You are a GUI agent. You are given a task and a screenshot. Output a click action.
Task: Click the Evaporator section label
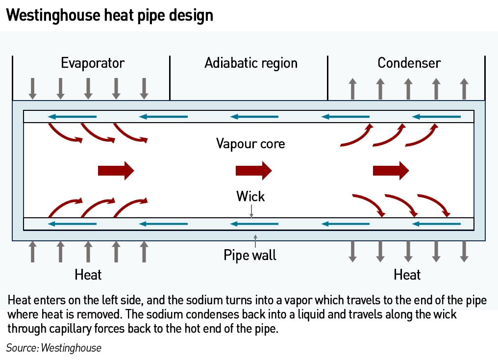[x=93, y=63]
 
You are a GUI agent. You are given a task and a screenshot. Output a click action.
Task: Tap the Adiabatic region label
[x=251, y=63]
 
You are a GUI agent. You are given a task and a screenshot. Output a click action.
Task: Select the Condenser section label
[x=409, y=63]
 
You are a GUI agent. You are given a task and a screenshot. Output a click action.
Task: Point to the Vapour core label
[x=250, y=144]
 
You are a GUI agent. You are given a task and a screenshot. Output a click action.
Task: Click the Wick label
[x=250, y=196]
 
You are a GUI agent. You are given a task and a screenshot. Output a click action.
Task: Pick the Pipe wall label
[x=250, y=255]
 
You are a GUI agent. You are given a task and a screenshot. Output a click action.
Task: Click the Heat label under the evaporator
[x=88, y=275]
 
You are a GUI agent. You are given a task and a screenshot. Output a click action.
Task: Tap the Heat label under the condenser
[x=407, y=275]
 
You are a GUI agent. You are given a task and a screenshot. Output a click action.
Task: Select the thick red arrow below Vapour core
[x=253, y=171]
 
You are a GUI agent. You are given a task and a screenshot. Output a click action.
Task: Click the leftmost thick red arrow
[x=116, y=171]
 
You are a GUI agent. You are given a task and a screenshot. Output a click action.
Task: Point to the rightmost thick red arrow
[x=391, y=171]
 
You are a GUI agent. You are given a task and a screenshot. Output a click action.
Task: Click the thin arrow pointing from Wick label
[x=251, y=211]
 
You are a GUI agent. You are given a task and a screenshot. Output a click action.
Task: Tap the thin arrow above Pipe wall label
[x=255, y=241]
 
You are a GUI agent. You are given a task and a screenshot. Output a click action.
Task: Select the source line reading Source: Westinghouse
[x=54, y=348]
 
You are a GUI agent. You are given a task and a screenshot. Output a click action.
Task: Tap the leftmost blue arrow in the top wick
[x=72, y=117]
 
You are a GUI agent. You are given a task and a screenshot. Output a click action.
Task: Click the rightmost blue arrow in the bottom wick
[x=436, y=224]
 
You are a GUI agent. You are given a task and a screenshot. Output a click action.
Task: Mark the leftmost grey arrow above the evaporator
[x=32, y=89]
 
